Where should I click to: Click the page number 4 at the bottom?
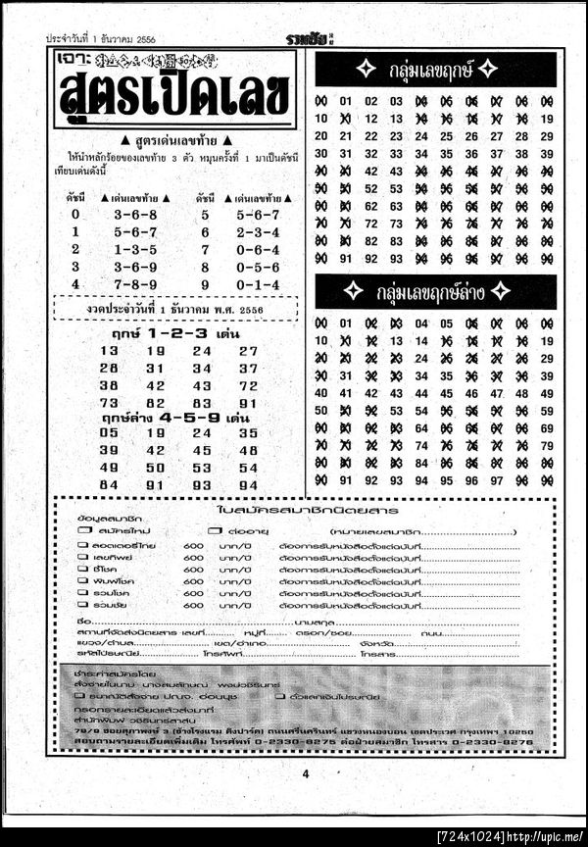305,773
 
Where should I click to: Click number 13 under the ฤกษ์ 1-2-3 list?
109,351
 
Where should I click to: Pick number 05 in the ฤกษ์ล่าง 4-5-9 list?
109,432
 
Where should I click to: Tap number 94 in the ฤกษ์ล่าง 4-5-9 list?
248,484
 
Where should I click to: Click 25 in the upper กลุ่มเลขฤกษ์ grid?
446,136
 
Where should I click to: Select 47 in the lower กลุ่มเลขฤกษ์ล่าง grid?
497,393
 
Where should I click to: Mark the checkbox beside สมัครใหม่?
84,530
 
